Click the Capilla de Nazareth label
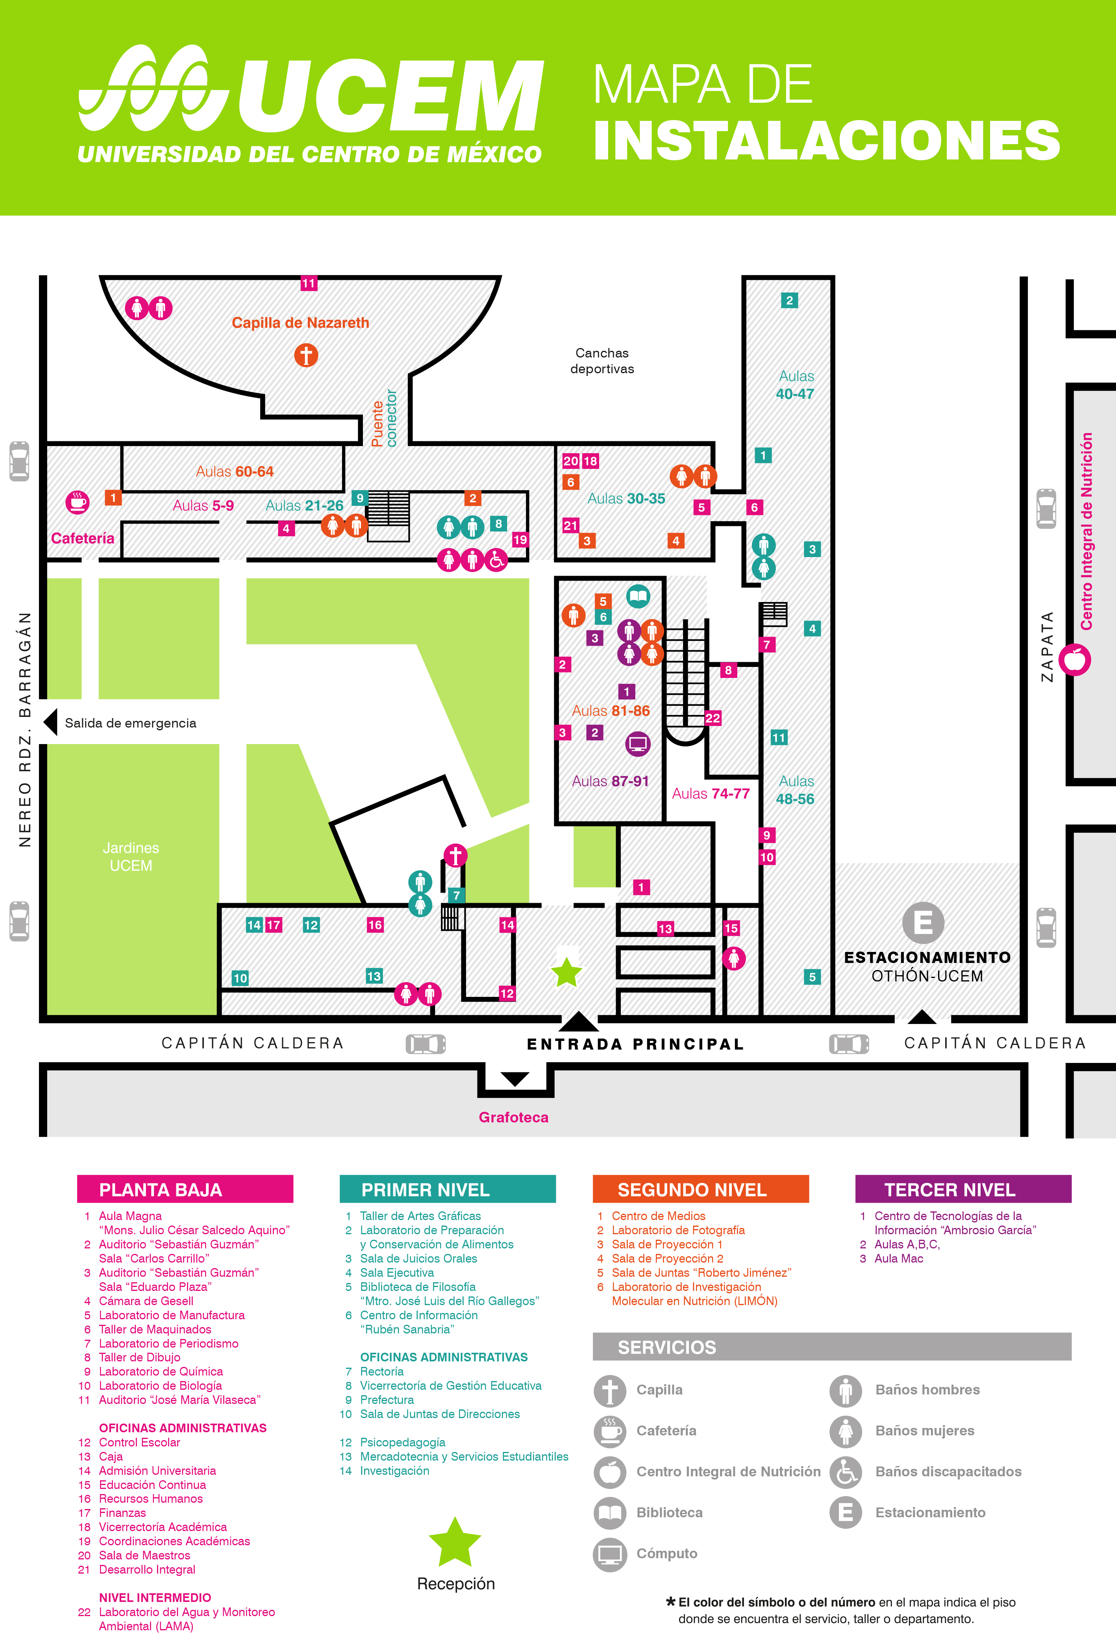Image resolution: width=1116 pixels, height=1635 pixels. [x=300, y=323]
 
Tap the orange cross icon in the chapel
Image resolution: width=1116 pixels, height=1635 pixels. [x=306, y=355]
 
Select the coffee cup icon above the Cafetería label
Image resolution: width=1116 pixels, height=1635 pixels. [x=78, y=502]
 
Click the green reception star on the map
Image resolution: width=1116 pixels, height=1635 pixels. [x=566, y=973]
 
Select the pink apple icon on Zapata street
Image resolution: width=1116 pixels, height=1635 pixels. [x=1075, y=661]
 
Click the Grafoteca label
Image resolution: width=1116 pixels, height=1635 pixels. [x=514, y=1117]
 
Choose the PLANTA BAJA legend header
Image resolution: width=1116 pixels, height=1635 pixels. [x=185, y=1190]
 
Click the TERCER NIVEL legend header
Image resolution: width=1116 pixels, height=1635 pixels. [x=962, y=1190]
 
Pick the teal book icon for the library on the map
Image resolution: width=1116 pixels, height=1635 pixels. [x=638, y=596]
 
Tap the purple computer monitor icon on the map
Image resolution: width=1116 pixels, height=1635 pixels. [x=637, y=744]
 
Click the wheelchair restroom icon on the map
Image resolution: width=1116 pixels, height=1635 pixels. [x=497, y=560]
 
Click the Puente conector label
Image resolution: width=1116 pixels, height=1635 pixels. [x=384, y=418]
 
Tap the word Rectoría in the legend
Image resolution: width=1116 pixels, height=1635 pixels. [x=382, y=1371]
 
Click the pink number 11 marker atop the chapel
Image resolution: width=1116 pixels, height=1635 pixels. [x=309, y=283]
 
